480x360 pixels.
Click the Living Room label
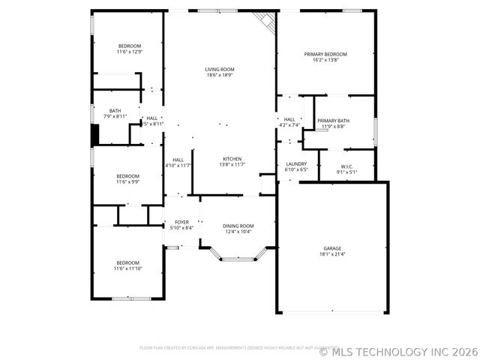click(220, 69)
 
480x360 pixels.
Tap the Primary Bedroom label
click(325, 54)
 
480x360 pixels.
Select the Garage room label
click(332, 248)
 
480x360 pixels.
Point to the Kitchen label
click(232, 159)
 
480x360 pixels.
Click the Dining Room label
click(239, 226)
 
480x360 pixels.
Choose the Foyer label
click(181, 222)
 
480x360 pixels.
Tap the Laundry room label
click(296, 163)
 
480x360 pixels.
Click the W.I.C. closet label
click(346, 166)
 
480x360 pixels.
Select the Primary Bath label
click(333, 121)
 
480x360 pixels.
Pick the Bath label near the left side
click(115, 110)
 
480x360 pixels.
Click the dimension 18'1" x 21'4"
click(332, 254)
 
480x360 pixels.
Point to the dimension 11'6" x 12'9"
click(129, 52)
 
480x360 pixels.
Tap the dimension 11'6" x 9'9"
click(128, 181)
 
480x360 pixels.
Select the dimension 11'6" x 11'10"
click(127, 268)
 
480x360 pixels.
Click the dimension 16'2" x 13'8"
click(325, 60)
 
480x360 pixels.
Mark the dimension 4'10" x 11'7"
click(178, 165)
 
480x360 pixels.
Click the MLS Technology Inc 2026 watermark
click(397, 350)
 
